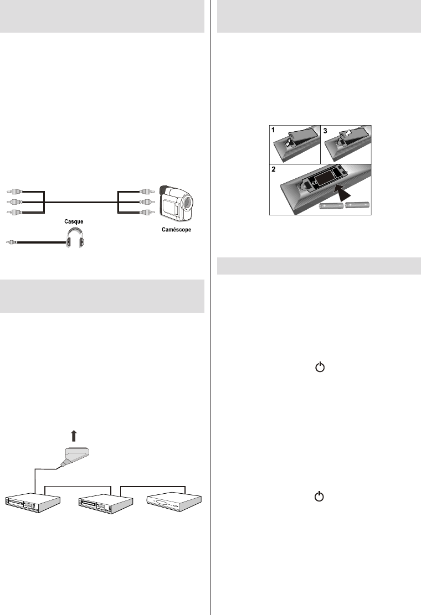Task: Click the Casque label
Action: (x=74, y=221)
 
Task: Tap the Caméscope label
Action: (x=177, y=230)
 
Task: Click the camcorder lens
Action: (x=187, y=202)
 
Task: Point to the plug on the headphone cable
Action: (x=12, y=243)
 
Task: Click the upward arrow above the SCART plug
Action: (x=73, y=436)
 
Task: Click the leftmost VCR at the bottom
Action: (x=33, y=503)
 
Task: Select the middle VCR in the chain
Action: (x=106, y=504)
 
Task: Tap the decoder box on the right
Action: (x=174, y=502)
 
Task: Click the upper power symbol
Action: (x=320, y=367)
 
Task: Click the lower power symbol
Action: (x=320, y=497)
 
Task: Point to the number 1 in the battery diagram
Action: (x=274, y=130)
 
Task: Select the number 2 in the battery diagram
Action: (x=274, y=169)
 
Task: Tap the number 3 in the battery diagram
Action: (x=325, y=131)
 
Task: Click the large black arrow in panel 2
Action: (x=342, y=193)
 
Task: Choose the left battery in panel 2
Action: (x=332, y=205)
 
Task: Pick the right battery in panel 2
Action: (x=357, y=205)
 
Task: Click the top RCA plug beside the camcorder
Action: (x=147, y=192)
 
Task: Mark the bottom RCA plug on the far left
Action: (x=14, y=212)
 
